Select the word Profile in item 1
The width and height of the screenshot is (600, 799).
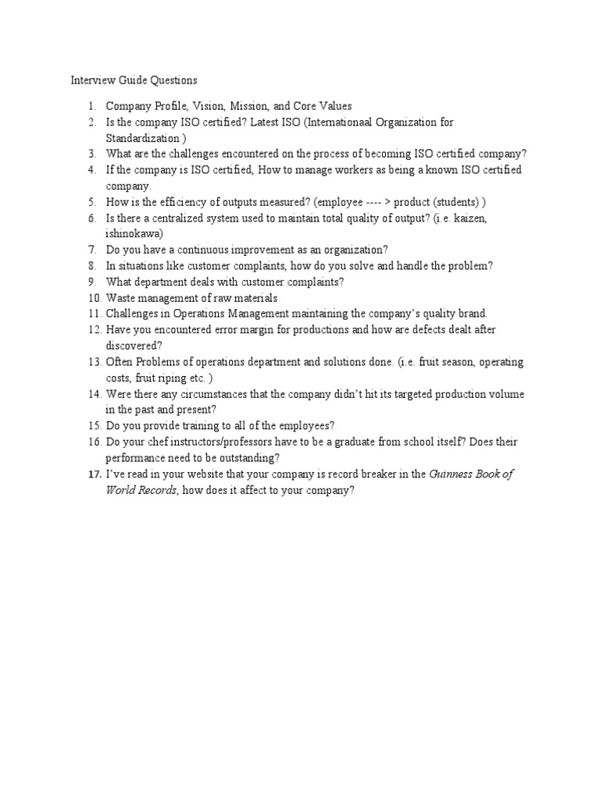coord(167,106)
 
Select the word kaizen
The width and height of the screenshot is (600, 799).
coord(491,218)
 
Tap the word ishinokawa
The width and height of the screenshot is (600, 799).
coord(134,233)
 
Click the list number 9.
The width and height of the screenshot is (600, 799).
coord(91,282)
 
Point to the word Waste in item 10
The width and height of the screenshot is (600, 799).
coord(121,298)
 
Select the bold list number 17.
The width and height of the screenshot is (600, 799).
coord(94,474)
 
